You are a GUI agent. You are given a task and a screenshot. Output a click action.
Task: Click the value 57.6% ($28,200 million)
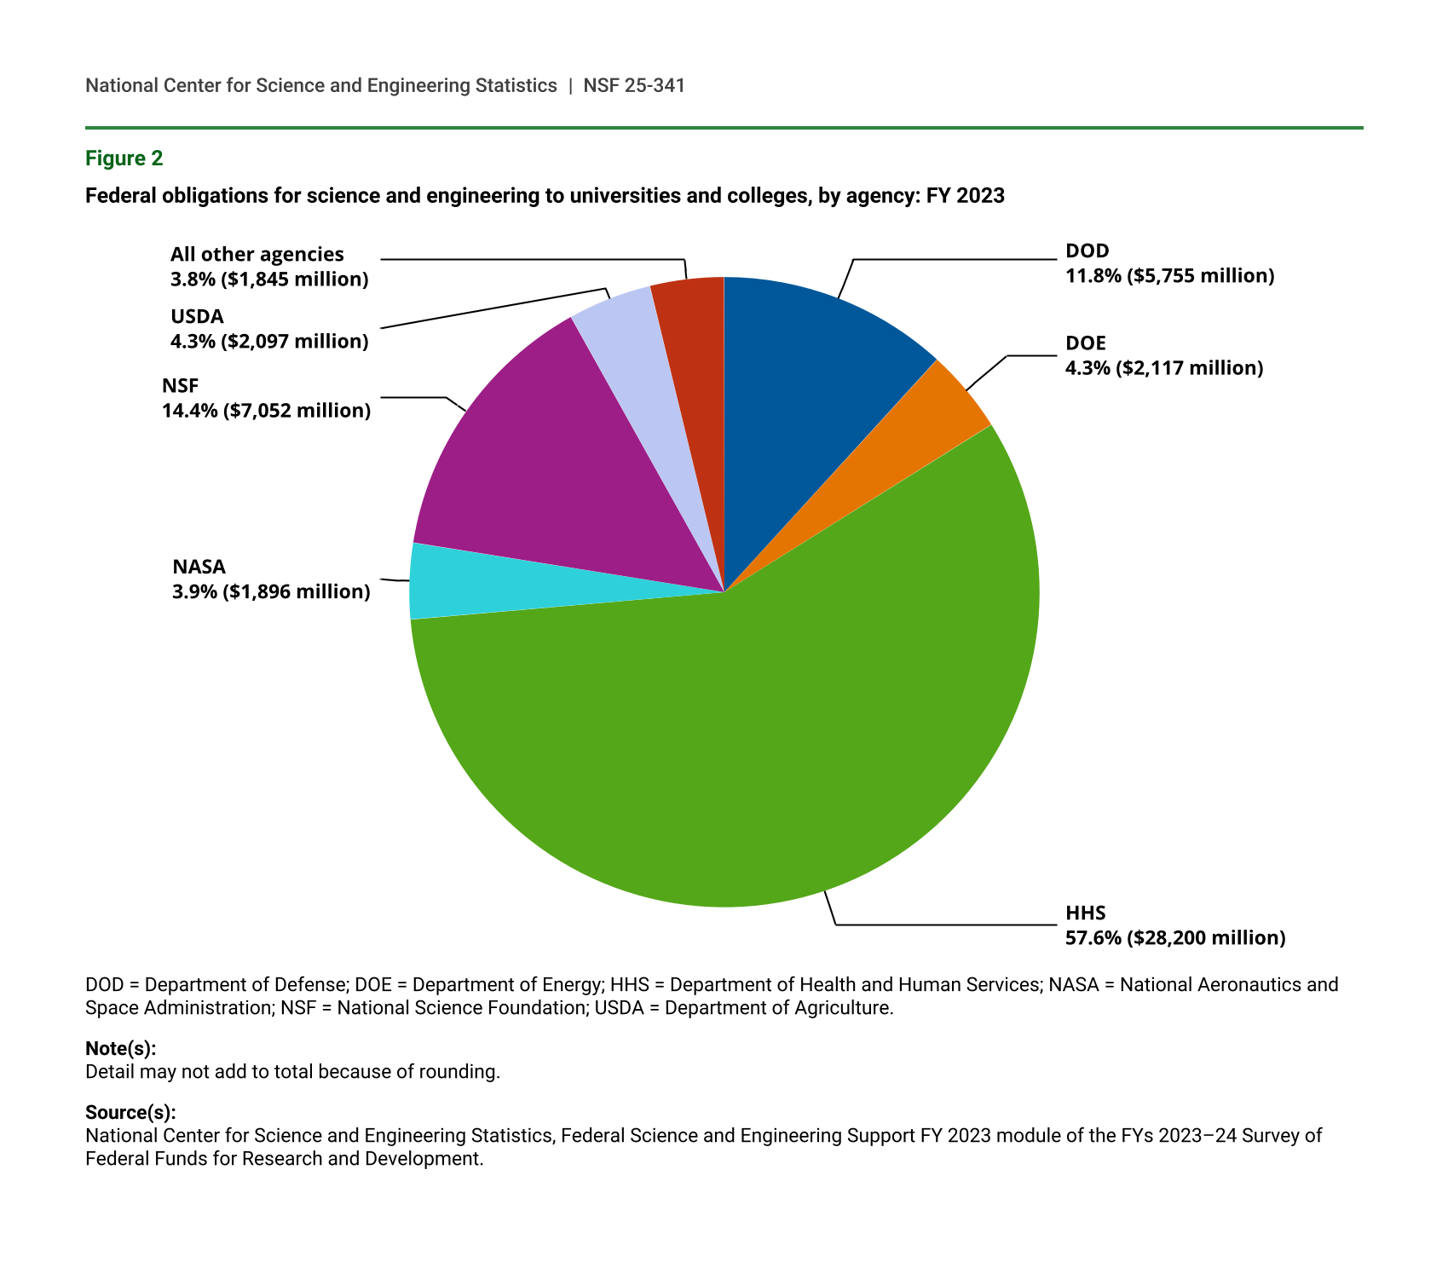click(1174, 938)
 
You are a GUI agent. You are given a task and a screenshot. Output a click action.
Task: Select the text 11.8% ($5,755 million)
click(1169, 276)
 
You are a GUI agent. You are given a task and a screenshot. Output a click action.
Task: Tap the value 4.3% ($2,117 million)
click(1163, 368)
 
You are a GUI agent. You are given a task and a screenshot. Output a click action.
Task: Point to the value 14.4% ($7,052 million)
click(266, 411)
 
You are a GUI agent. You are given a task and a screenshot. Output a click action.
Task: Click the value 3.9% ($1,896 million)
click(271, 591)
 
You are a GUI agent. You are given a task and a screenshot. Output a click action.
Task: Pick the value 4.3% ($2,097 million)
click(269, 342)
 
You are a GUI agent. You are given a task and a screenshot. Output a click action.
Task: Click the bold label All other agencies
click(257, 254)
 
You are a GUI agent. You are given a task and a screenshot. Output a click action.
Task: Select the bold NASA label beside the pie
click(199, 567)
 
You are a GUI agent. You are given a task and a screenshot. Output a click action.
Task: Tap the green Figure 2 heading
click(124, 158)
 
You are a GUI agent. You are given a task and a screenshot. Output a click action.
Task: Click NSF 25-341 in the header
click(634, 85)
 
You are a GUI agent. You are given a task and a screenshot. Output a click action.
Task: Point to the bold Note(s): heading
click(120, 1048)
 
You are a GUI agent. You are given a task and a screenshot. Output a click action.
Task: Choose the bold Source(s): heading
click(130, 1112)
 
